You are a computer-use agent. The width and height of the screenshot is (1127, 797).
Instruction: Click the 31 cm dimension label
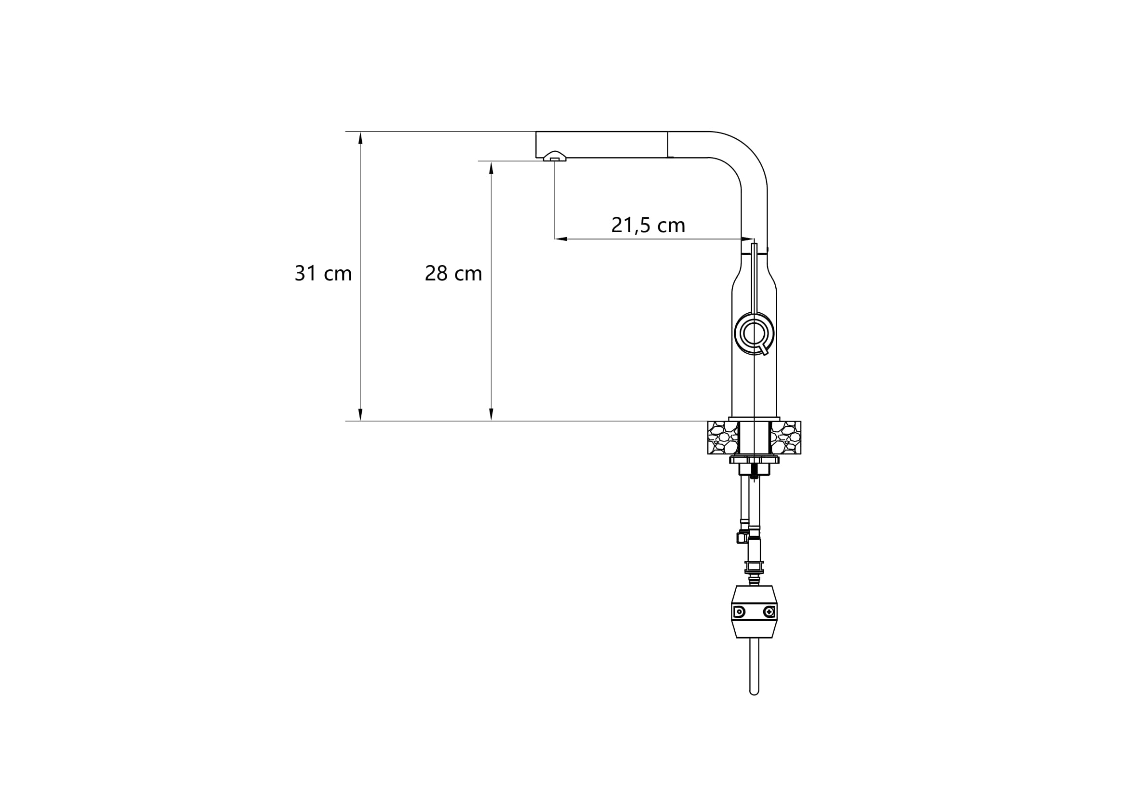pyautogui.click(x=323, y=273)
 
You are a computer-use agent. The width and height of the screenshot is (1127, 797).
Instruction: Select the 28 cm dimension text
pyautogui.click(x=453, y=273)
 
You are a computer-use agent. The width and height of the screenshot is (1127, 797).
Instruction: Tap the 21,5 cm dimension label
pyautogui.click(x=648, y=225)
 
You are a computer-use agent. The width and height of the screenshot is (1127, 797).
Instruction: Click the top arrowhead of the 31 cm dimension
pyautogui.click(x=360, y=138)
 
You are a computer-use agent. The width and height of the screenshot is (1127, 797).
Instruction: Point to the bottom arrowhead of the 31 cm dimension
pyautogui.click(x=360, y=414)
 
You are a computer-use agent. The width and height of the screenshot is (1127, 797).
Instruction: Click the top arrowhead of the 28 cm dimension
pyautogui.click(x=491, y=168)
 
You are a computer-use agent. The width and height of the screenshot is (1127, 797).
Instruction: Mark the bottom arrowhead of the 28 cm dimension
pyautogui.click(x=491, y=414)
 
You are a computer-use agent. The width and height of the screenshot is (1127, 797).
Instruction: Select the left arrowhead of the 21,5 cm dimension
pyautogui.click(x=561, y=239)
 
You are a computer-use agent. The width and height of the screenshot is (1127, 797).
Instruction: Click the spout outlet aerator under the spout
pyautogui.click(x=555, y=157)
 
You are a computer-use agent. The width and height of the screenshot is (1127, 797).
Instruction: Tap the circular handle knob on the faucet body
pyautogui.click(x=754, y=333)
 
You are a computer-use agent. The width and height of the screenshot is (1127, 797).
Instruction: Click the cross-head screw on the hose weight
pyautogui.click(x=769, y=611)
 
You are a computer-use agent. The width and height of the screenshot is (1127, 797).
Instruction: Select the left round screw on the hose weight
pyautogui.click(x=739, y=611)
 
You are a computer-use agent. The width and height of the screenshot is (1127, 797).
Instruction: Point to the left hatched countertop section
pyautogui.click(x=723, y=437)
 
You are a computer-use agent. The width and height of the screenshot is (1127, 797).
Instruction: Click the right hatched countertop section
pyautogui.click(x=785, y=437)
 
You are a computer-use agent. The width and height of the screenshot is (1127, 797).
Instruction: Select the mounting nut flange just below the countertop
pyautogui.click(x=754, y=460)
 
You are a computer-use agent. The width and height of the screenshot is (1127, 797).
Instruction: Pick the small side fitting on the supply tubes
pyautogui.click(x=741, y=538)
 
